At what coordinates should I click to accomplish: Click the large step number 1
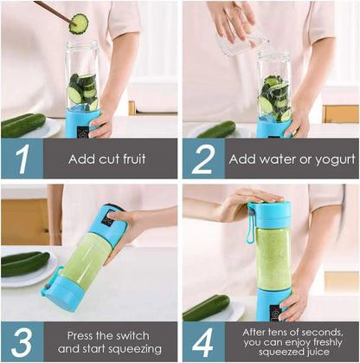click(x=22, y=159)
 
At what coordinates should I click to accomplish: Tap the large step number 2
click(x=204, y=159)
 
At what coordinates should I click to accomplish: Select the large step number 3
click(x=22, y=341)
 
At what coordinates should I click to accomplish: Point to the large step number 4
click(x=204, y=341)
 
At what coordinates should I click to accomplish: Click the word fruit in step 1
click(x=130, y=159)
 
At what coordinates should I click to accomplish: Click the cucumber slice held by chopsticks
click(x=79, y=23)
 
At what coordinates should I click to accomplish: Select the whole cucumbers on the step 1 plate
click(x=22, y=125)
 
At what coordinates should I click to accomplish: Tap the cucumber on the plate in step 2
click(x=215, y=130)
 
